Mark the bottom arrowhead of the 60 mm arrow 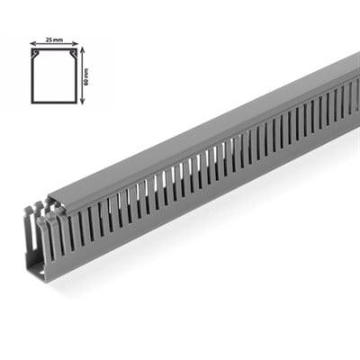[81, 101]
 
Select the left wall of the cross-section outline [32, 77]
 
